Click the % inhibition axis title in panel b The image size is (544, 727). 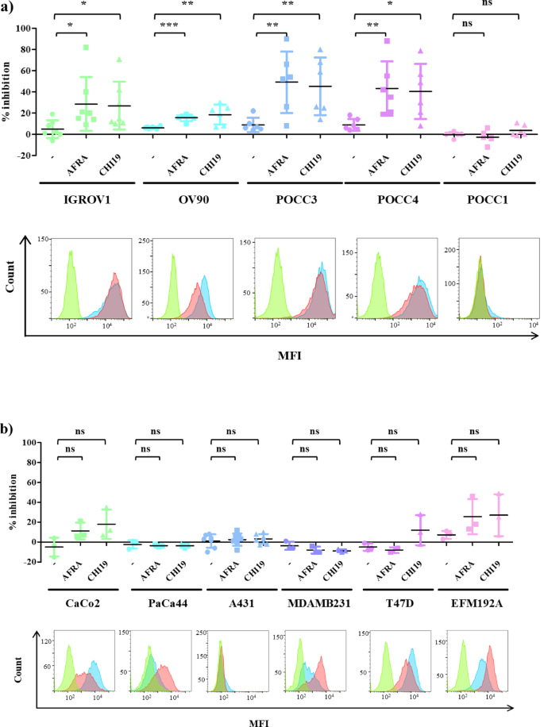(10, 500)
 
